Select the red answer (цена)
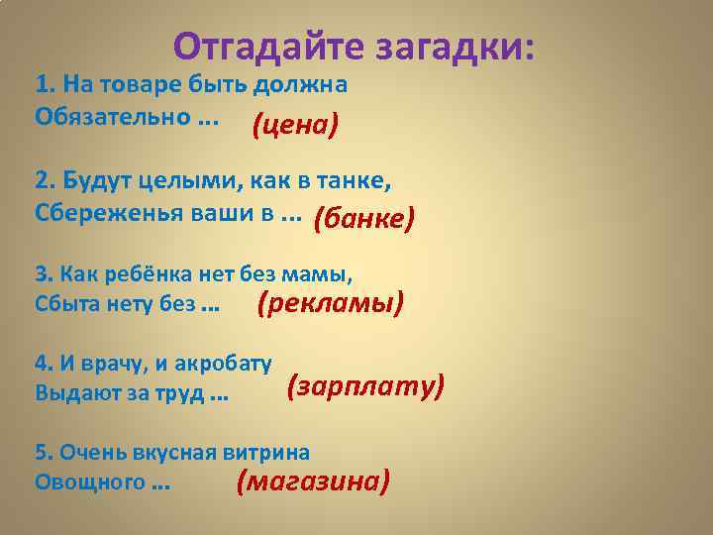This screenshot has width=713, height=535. coord(295,125)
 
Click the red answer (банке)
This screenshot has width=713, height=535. coord(363,217)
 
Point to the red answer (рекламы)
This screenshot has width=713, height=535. coord(331,304)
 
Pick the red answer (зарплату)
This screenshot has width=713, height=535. coord(365,386)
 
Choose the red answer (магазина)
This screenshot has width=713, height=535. coord(313,481)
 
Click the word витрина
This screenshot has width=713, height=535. coord(266,453)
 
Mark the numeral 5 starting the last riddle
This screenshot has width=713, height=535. coord(41,453)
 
